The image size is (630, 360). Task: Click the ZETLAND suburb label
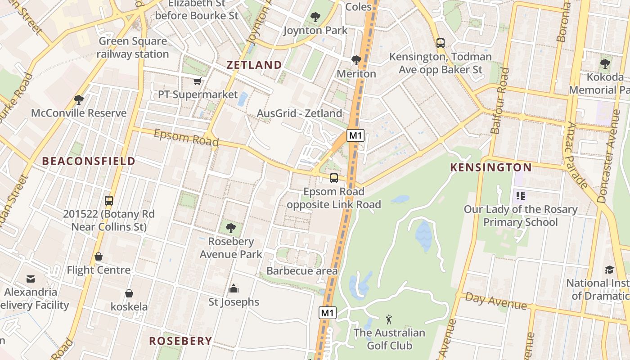[254, 65]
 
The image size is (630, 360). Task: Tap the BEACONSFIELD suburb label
[89, 161]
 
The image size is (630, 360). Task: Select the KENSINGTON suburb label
[491, 168]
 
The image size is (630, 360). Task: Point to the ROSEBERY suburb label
[180, 341]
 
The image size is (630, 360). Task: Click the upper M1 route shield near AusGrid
[355, 135]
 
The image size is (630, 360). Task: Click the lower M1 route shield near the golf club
[328, 313]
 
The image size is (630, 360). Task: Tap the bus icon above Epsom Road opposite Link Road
[333, 178]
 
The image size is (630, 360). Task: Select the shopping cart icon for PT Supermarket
[197, 81]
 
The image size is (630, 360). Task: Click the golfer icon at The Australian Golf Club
[389, 320]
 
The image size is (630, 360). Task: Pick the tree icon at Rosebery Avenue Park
[231, 228]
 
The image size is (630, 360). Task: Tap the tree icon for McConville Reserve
[79, 99]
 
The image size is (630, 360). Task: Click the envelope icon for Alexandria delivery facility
[31, 279]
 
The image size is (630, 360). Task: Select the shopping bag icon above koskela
[129, 294]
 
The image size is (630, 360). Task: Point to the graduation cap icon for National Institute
[609, 270]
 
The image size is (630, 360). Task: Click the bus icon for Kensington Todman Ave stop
[440, 43]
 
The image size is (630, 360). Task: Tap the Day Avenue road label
[495, 301]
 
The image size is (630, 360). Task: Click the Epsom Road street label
[186, 138]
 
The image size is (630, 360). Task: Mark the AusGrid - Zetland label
[299, 113]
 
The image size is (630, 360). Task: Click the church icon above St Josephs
[234, 288]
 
